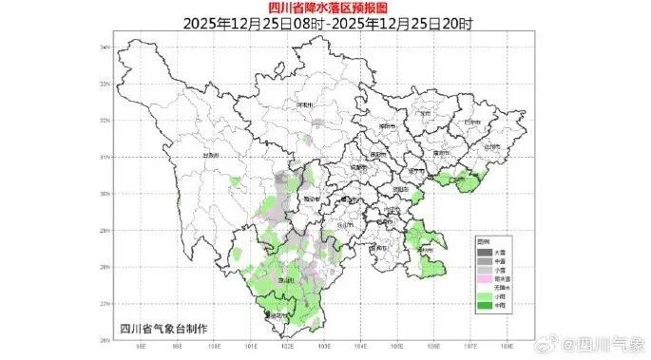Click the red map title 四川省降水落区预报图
325,8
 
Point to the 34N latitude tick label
106,46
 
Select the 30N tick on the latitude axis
106,193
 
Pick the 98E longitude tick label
140,346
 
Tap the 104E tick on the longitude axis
361,346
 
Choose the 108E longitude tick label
508,346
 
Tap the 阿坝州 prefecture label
305,104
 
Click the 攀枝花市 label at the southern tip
276,316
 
